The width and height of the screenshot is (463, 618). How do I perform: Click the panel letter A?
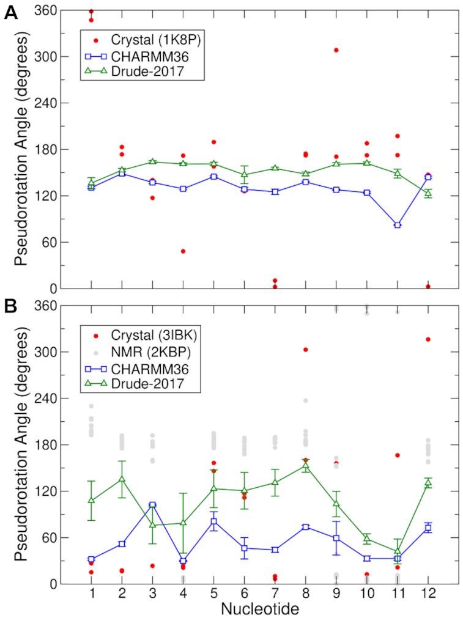pyautogui.click(x=10, y=13)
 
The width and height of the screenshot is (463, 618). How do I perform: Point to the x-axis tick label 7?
pyautogui.click(x=275, y=594)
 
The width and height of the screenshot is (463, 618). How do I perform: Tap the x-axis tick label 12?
pyautogui.click(x=428, y=594)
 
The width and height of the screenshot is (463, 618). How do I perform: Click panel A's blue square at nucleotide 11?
pyautogui.click(x=398, y=225)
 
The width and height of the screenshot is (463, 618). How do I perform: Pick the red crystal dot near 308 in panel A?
pyautogui.click(x=336, y=50)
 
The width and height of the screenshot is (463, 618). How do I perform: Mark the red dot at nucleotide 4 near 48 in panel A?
pyautogui.click(x=183, y=251)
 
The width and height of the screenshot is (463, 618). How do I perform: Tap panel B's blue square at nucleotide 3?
pyautogui.click(x=152, y=505)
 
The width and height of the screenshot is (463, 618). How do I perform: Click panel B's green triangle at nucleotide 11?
pyautogui.click(x=398, y=551)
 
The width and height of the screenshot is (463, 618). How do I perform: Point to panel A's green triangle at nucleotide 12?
pyautogui.click(x=428, y=193)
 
